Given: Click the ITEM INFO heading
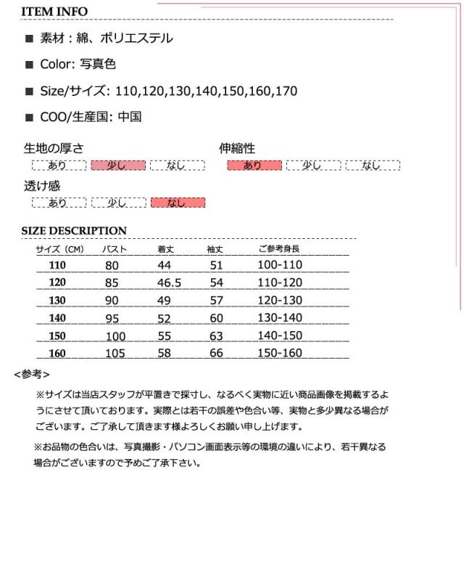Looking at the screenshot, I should (x=54, y=12).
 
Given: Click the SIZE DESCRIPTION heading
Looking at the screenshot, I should (x=74, y=231).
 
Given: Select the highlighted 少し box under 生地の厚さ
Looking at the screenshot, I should (x=118, y=166).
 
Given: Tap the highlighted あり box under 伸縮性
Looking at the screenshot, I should (x=254, y=166).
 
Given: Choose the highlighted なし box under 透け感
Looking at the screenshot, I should (x=177, y=203).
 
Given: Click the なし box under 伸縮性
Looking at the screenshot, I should (x=372, y=166).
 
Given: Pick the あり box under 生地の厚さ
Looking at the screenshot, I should (x=59, y=166).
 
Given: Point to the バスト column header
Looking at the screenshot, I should (x=115, y=249).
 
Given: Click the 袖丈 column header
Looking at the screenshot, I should (x=215, y=249).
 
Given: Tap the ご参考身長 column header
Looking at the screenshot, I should (x=279, y=249).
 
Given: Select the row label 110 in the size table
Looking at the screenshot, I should (x=57, y=265).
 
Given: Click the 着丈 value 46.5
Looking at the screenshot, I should (x=169, y=283).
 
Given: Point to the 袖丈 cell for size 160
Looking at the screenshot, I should (x=216, y=353).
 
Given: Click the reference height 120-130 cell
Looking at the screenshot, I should (x=280, y=300).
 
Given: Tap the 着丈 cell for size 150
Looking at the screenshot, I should (x=165, y=336).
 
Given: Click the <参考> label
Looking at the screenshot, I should (x=32, y=374).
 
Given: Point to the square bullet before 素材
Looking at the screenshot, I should (x=30, y=38).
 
